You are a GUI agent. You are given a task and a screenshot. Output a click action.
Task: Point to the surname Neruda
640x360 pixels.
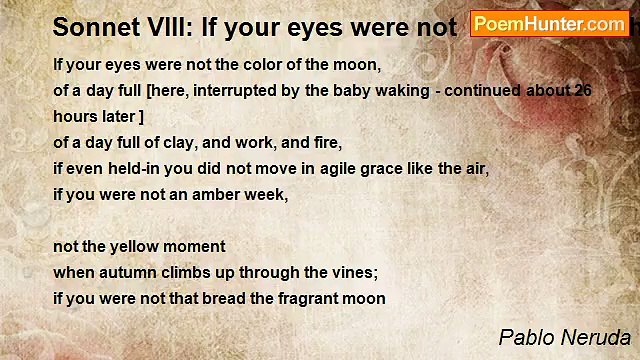597,337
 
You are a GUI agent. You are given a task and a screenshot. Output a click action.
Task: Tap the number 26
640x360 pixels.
583,90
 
